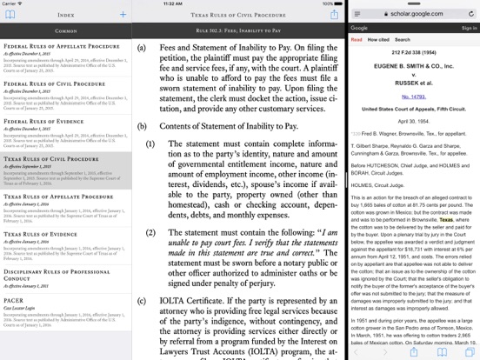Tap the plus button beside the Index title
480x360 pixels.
coord(123,14)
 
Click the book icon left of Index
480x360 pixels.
coord(10,14)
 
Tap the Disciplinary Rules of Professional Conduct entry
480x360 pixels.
coord(57,272)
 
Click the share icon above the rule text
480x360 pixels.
coord(334,14)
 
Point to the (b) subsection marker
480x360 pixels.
coord(142,126)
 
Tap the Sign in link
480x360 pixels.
coord(469,28)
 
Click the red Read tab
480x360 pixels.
coord(357,40)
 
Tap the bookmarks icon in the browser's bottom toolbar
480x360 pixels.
coord(442,352)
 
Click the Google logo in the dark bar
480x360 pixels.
coord(360,28)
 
